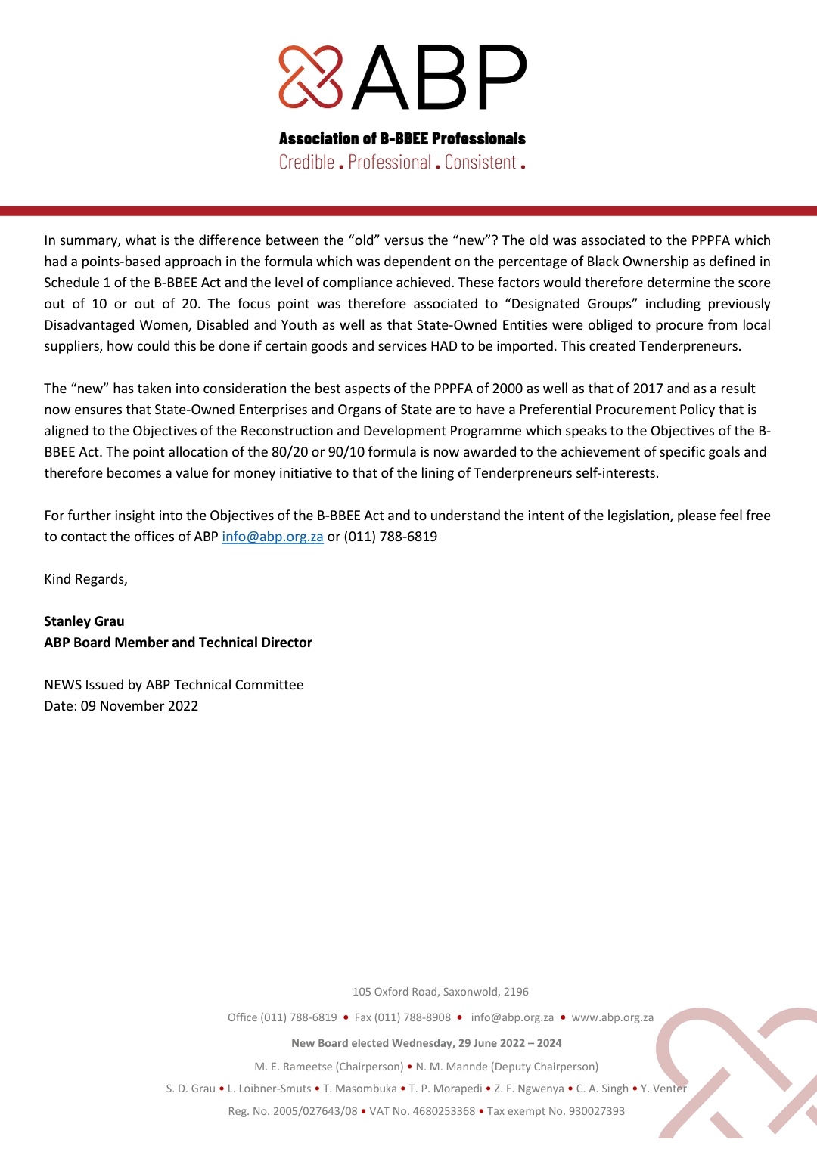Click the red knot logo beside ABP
point(310,76)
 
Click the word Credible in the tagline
point(306,163)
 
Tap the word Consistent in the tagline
point(480,163)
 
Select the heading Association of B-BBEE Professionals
point(402,138)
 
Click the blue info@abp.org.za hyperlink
point(272,537)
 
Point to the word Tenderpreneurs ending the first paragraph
point(690,346)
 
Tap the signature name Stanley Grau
point(84,621)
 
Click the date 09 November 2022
point(139,706)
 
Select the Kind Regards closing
point(85,579)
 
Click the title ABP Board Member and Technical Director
point(178,643)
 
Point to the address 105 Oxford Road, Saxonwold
point(440,992)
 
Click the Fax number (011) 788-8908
point(402,1017)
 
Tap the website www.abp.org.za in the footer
point(612,1017)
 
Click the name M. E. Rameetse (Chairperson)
point(328,1067)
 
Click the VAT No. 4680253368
point(422,1111)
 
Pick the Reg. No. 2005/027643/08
point(293,1111)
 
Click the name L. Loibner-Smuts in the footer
point(269,1089)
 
